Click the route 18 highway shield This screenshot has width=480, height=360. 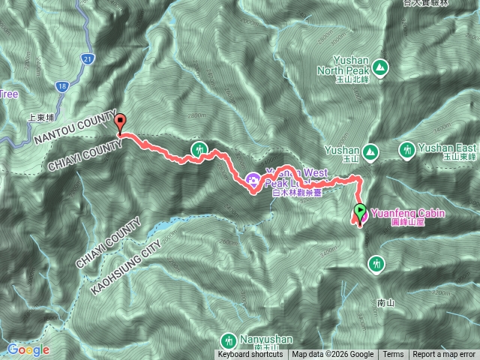tap(61, 87)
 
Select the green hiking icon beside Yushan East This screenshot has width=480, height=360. tap(407, 150)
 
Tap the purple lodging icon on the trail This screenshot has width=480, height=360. tap(253, 179)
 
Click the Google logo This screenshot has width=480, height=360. tap(28, 349)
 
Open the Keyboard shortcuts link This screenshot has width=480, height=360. tap(250, 355)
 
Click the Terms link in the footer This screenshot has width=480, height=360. tap(393, 355)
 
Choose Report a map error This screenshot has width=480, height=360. tap(443, 355)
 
